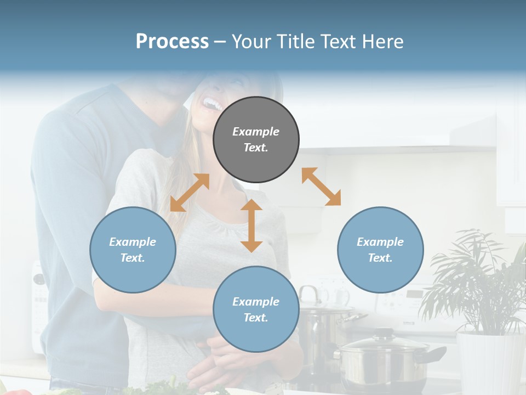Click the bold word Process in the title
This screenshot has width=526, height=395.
coord(172,42)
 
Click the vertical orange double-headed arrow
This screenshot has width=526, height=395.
coord(251,225)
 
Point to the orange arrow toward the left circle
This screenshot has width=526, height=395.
coord(190,193)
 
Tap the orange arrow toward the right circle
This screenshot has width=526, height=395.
coord(321,187)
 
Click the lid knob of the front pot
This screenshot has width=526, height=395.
coord(384,333)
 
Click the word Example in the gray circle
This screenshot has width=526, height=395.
coord(256,132)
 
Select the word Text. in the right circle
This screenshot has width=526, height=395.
coord(380,258)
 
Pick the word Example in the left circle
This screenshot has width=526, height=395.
coord(133,242)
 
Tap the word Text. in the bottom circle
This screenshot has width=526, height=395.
coord(256,318)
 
